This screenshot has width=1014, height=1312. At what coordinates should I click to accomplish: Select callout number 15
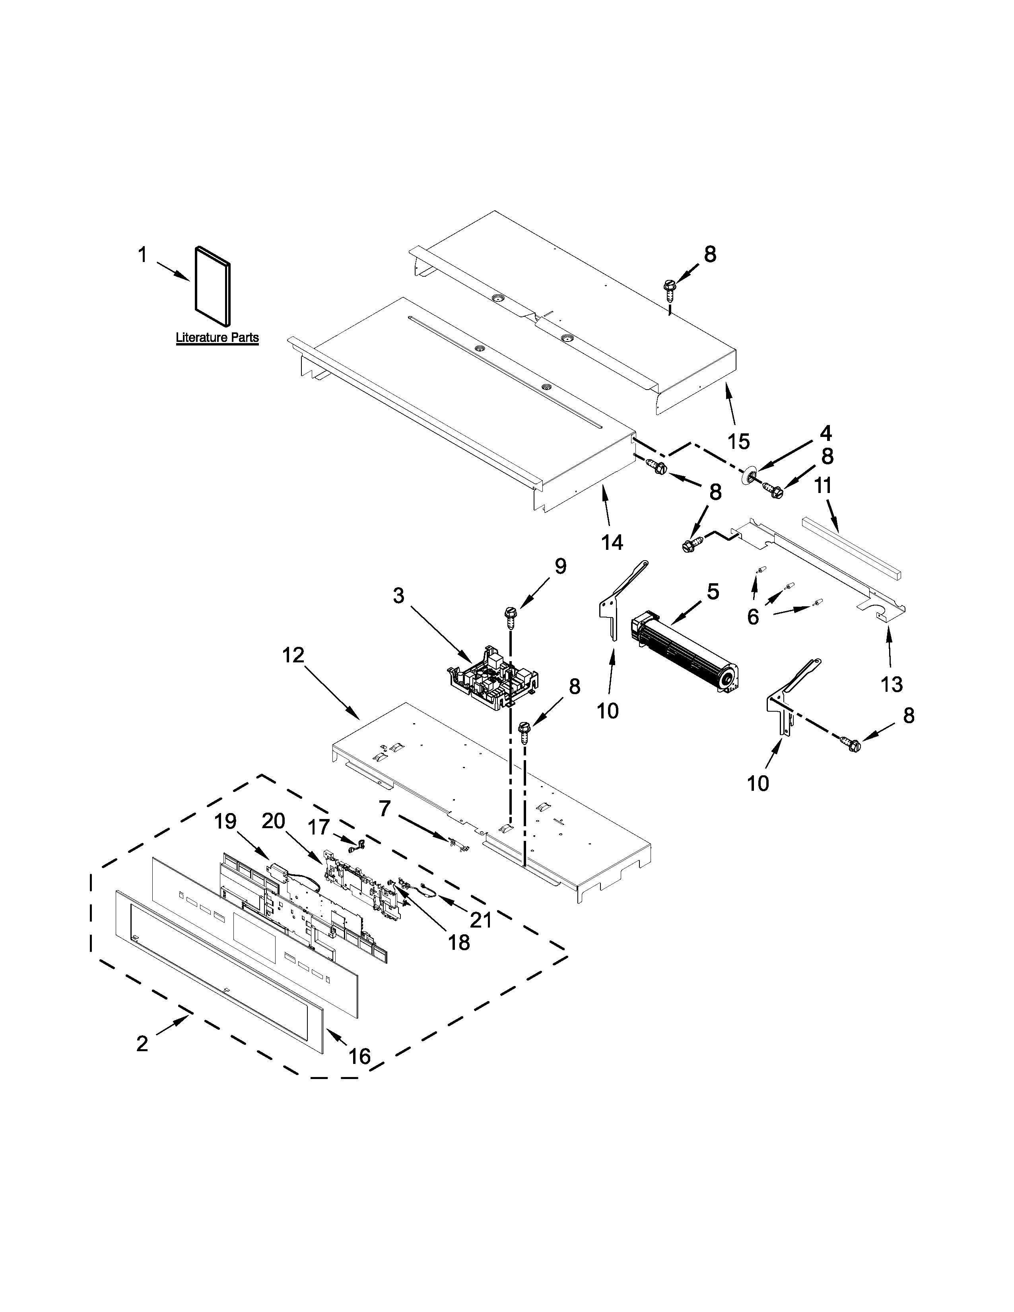point(739,442)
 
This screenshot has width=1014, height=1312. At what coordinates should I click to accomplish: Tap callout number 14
point(612,542)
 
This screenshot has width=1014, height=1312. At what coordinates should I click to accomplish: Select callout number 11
point(823,485)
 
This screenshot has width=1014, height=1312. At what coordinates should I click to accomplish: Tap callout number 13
point(892,684)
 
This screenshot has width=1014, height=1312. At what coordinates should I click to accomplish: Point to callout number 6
point(753,617)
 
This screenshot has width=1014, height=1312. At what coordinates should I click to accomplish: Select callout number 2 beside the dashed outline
point(142,1044)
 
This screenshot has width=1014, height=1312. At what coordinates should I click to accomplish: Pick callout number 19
point(226,821)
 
